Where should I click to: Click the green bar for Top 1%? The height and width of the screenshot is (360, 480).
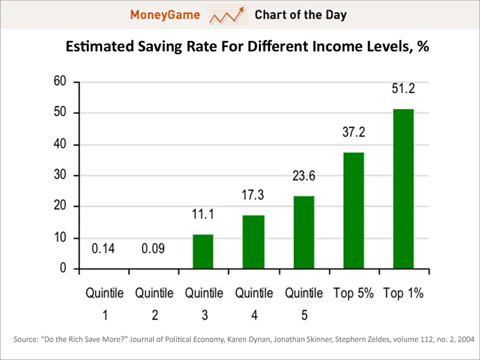[x=403, y=189]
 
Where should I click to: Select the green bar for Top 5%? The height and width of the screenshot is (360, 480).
[x=353, y=210]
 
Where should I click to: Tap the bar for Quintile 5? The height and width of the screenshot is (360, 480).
[x=304, y=232]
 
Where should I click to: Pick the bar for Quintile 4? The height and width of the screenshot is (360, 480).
[x=253, y=242]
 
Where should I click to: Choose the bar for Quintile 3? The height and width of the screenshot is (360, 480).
[x=203, y=252]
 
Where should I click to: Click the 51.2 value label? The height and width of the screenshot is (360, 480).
[x=403, y=88]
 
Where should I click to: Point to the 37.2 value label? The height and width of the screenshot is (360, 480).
[x=353, y=132]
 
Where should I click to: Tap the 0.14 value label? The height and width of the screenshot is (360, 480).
[x=103, y=249]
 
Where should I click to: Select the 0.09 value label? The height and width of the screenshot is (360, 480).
[x=153, y=249]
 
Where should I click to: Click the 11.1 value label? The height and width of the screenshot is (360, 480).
[x=203, y=214]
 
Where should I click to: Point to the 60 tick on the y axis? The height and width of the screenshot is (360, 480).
[x=60, y=81]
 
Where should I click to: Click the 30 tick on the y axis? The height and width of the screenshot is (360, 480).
[x=60, y=175]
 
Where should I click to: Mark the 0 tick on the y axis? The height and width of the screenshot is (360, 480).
[x=63, y=268]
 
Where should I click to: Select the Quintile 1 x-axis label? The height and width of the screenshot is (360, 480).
[x=105, y=304]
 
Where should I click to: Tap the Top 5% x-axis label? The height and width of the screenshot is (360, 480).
[x=353, y=293]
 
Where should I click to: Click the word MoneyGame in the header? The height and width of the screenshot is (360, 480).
[x=165, y=15]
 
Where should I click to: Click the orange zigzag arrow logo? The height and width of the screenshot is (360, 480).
[x=228, y=15]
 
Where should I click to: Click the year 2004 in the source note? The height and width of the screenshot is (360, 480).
[x=466, y=340]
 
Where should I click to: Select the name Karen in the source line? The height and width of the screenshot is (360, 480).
[x=235, y=340]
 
